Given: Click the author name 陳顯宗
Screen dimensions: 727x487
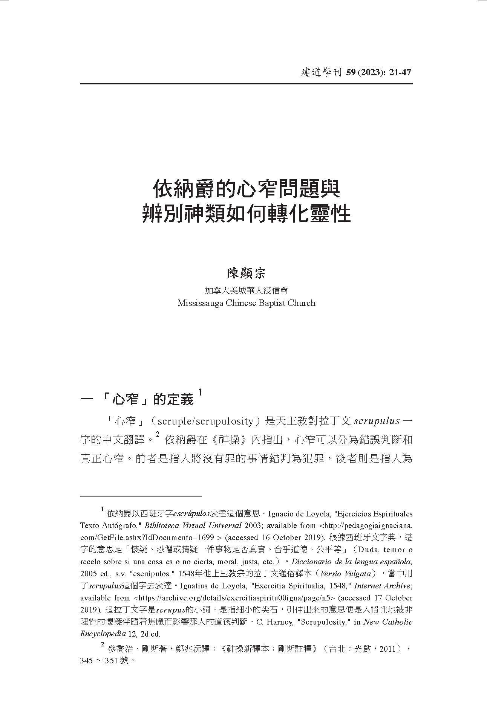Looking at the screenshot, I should (246, 273).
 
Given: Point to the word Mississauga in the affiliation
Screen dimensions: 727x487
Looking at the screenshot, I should (200, 303).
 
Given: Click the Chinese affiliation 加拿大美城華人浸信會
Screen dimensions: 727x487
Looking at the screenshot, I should (246, 290).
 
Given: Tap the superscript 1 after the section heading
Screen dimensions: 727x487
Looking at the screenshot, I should (201, 393).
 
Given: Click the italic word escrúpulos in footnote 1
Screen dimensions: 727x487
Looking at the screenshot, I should (191, 513).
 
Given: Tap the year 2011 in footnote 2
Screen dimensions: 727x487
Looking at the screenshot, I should (387, 649).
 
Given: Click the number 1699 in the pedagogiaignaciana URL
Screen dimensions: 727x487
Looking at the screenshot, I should (205, 538).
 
